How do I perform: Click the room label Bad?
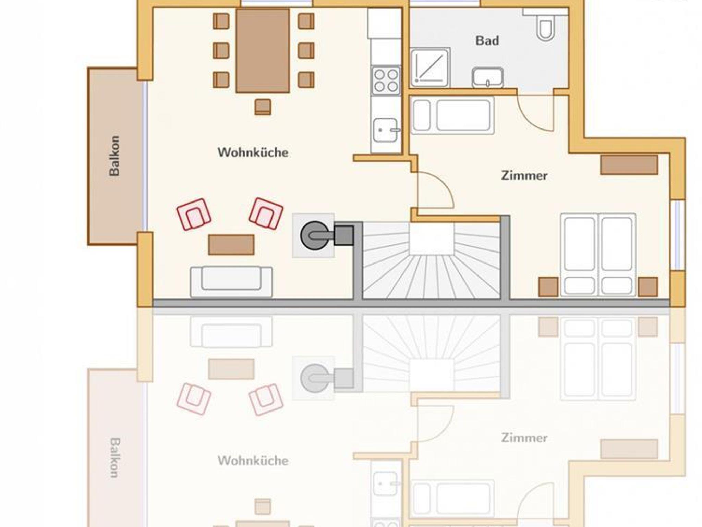[x=487, y=41]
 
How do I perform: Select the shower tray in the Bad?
[x=430, y=68]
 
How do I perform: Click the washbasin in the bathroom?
[x=488, y=77]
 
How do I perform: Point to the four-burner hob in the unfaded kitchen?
[x=386, y=80]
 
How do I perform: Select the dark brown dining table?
[x=263, y=51]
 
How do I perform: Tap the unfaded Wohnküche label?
[x=253, y=152]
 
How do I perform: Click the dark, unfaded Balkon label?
[x=114, y=156]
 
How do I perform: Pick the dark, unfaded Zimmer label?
[x=524, y=176]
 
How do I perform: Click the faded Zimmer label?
[x=524, y=438]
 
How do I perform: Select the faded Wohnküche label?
[x=253, y=461]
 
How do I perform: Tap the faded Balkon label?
[x=114, y=457]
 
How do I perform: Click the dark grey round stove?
[x=314, y=235]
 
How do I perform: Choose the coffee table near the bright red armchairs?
[x=231, y=245]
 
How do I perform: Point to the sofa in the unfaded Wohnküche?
[x=231, y=282]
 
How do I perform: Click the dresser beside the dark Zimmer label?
[x=629, y=165]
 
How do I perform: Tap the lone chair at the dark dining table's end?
[x=263, y=107]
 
